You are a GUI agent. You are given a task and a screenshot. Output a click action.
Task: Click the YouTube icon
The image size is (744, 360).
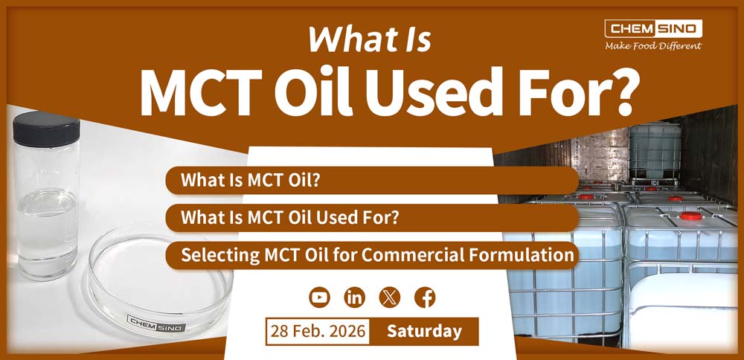[319, 298]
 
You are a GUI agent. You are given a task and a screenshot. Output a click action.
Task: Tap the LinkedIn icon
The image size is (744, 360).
[354, 298]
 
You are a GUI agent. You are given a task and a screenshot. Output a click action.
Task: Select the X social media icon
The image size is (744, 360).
[390, 298]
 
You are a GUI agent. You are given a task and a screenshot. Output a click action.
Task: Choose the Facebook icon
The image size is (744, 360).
[425, 298]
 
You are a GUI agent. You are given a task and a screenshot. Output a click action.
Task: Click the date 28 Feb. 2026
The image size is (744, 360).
[318, 331]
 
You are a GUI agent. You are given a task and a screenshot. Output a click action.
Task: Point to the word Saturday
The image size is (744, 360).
[424, 331]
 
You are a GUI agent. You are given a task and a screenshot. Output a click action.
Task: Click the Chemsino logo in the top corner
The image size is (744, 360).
[653, 29]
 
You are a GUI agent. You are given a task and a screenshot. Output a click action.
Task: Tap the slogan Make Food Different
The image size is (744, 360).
[653, 46]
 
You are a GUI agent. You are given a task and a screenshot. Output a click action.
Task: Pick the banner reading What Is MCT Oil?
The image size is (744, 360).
[372, 180]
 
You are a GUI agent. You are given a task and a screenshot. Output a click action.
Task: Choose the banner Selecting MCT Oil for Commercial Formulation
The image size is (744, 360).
[372, 255]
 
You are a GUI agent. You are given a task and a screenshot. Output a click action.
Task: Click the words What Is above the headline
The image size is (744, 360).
[370, 39]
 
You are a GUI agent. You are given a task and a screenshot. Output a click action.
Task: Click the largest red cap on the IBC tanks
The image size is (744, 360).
[691, 216]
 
